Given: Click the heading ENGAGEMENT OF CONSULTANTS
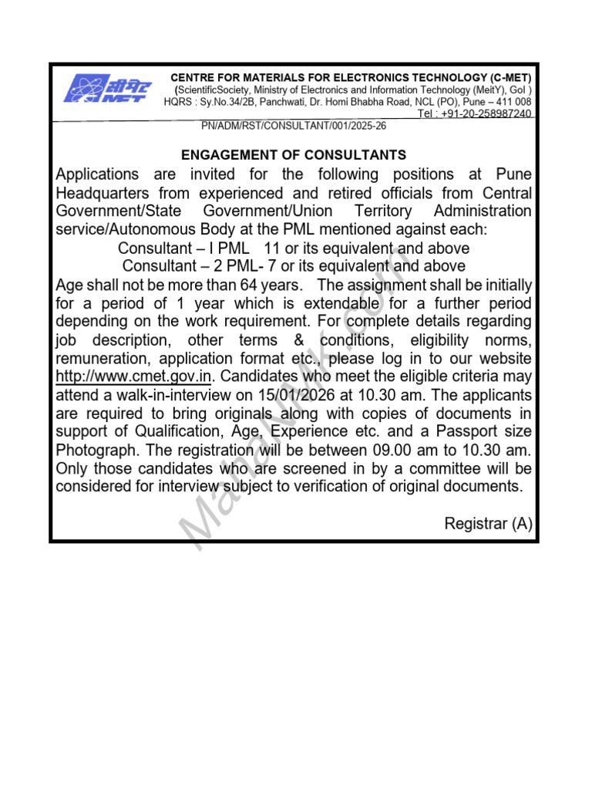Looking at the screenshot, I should click(x=293, y=155).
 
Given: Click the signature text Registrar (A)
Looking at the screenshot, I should click(x=488, y=524).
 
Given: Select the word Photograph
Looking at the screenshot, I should click(x=95, y=451).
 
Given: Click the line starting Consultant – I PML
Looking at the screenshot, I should click(x=293, y=248).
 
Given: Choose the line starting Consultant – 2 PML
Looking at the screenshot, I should click(x=293, y=267).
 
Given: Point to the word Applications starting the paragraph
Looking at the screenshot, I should click(x=98, y=174).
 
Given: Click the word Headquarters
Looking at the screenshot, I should click(x=103, y=193).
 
